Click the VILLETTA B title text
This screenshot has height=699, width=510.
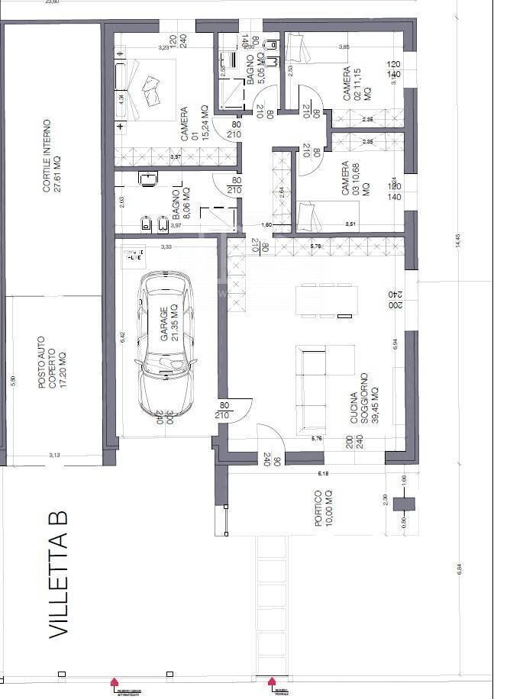60,575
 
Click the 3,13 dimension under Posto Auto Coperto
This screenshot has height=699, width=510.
55,455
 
